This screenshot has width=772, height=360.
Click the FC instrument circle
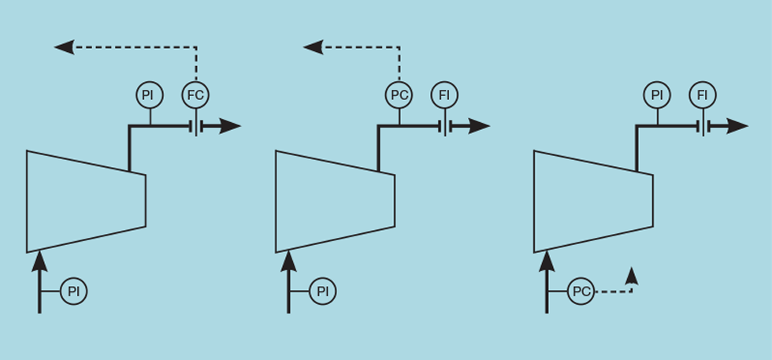pyautogui.click(x=196, y=95)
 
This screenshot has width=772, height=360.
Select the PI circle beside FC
pyautogui.click(x=150, y=95)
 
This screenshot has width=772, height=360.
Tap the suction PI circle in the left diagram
pyautogui.click(x=74, y=291)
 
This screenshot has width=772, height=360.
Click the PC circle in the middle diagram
pyautogui.click(x=399, y=95)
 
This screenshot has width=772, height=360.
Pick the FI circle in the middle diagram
pyautogui.click(x=444, y=95)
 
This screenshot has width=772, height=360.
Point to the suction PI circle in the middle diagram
pyautogui.click(x=323, y=291)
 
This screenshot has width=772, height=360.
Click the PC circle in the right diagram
pyautogui.click(x=581, y=291)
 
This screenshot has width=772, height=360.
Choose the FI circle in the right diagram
pyautogui.click(x=703, y=95)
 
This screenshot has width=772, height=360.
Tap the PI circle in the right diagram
pyautogui.click(x=657, y=95)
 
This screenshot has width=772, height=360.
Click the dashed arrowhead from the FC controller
pyautogui.click(x=64, y=47)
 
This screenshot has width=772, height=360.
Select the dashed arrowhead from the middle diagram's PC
pyautogui.click(x=314, y=47)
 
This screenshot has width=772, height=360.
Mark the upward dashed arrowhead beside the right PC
pyautogui.click(x=632, y=276)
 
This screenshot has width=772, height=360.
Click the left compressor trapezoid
pyautogui.click(x=86, y=201)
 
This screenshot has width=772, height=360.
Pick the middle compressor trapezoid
pyautogui.click(x=336, y=201)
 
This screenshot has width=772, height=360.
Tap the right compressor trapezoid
pyautogui.click(x=594, y=201)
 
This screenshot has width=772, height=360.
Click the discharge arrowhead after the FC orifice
pyautogui.click(x=230, y=127)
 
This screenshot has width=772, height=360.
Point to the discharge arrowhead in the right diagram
pyautogui.click(x=737, y=127)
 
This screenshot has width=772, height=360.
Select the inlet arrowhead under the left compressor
pyautogui.click(x=40, y=261)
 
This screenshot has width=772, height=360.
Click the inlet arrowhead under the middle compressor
pyautogui.click(x=289, y=261)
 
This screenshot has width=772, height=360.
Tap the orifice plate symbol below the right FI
pyautogui.click(x=703, y=127)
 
